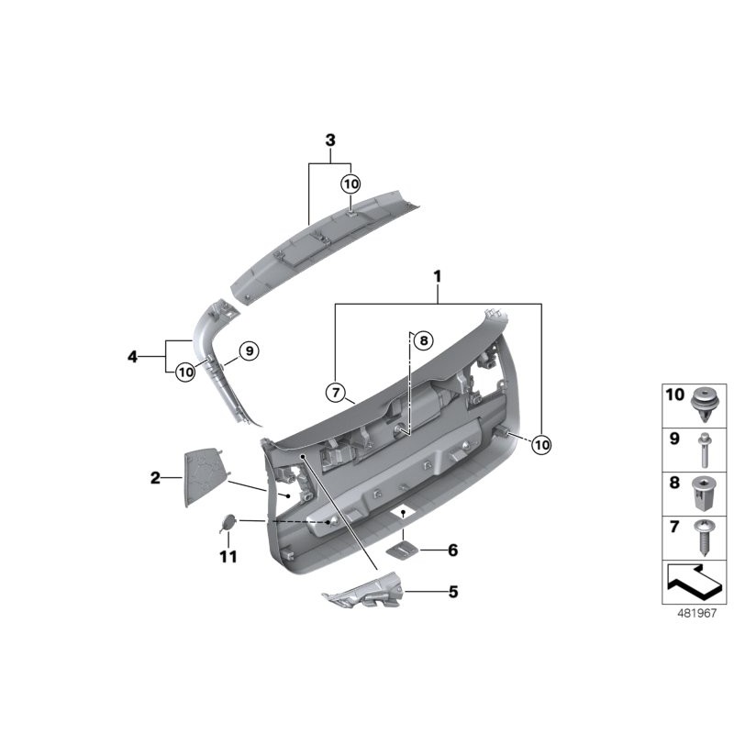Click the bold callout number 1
pos(438,276)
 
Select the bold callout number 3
pos(330,140)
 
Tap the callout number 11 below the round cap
pos(228,557)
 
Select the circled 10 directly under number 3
pos(351,183)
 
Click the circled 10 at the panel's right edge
pos(541,443)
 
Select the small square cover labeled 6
pos(401,549)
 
